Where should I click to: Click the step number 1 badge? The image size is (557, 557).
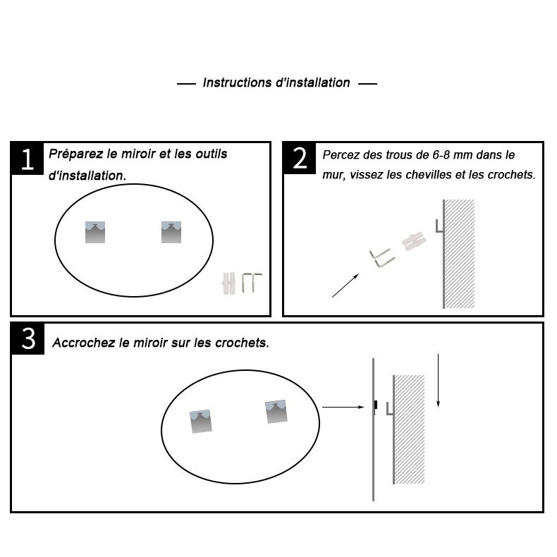coord(27,159)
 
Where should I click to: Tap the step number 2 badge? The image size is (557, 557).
coord(300,158)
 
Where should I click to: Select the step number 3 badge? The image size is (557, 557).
coord(28,339)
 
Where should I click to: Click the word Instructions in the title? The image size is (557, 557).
coord(238,82)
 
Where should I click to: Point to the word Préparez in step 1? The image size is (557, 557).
coord(76,154)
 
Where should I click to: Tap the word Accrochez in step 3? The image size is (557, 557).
coord(84,343)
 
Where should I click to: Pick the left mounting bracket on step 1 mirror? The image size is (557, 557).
coord(95,233)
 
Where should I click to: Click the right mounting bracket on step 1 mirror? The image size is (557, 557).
coord(171,233)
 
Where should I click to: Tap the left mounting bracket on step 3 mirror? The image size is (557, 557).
coord(201,422)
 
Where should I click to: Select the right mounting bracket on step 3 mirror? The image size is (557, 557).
coord(276,412)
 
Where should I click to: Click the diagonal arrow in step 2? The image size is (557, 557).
coord(345,286)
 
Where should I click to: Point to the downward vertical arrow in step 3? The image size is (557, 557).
coord(438,381)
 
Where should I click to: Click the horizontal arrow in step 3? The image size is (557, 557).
coord(343,407)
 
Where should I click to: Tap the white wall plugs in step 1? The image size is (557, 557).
coord(228,283)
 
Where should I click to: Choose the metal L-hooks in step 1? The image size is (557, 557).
coord(252,283)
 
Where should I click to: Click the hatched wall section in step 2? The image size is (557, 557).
coord(459,254)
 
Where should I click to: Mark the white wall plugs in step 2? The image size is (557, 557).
coord(414,242)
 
